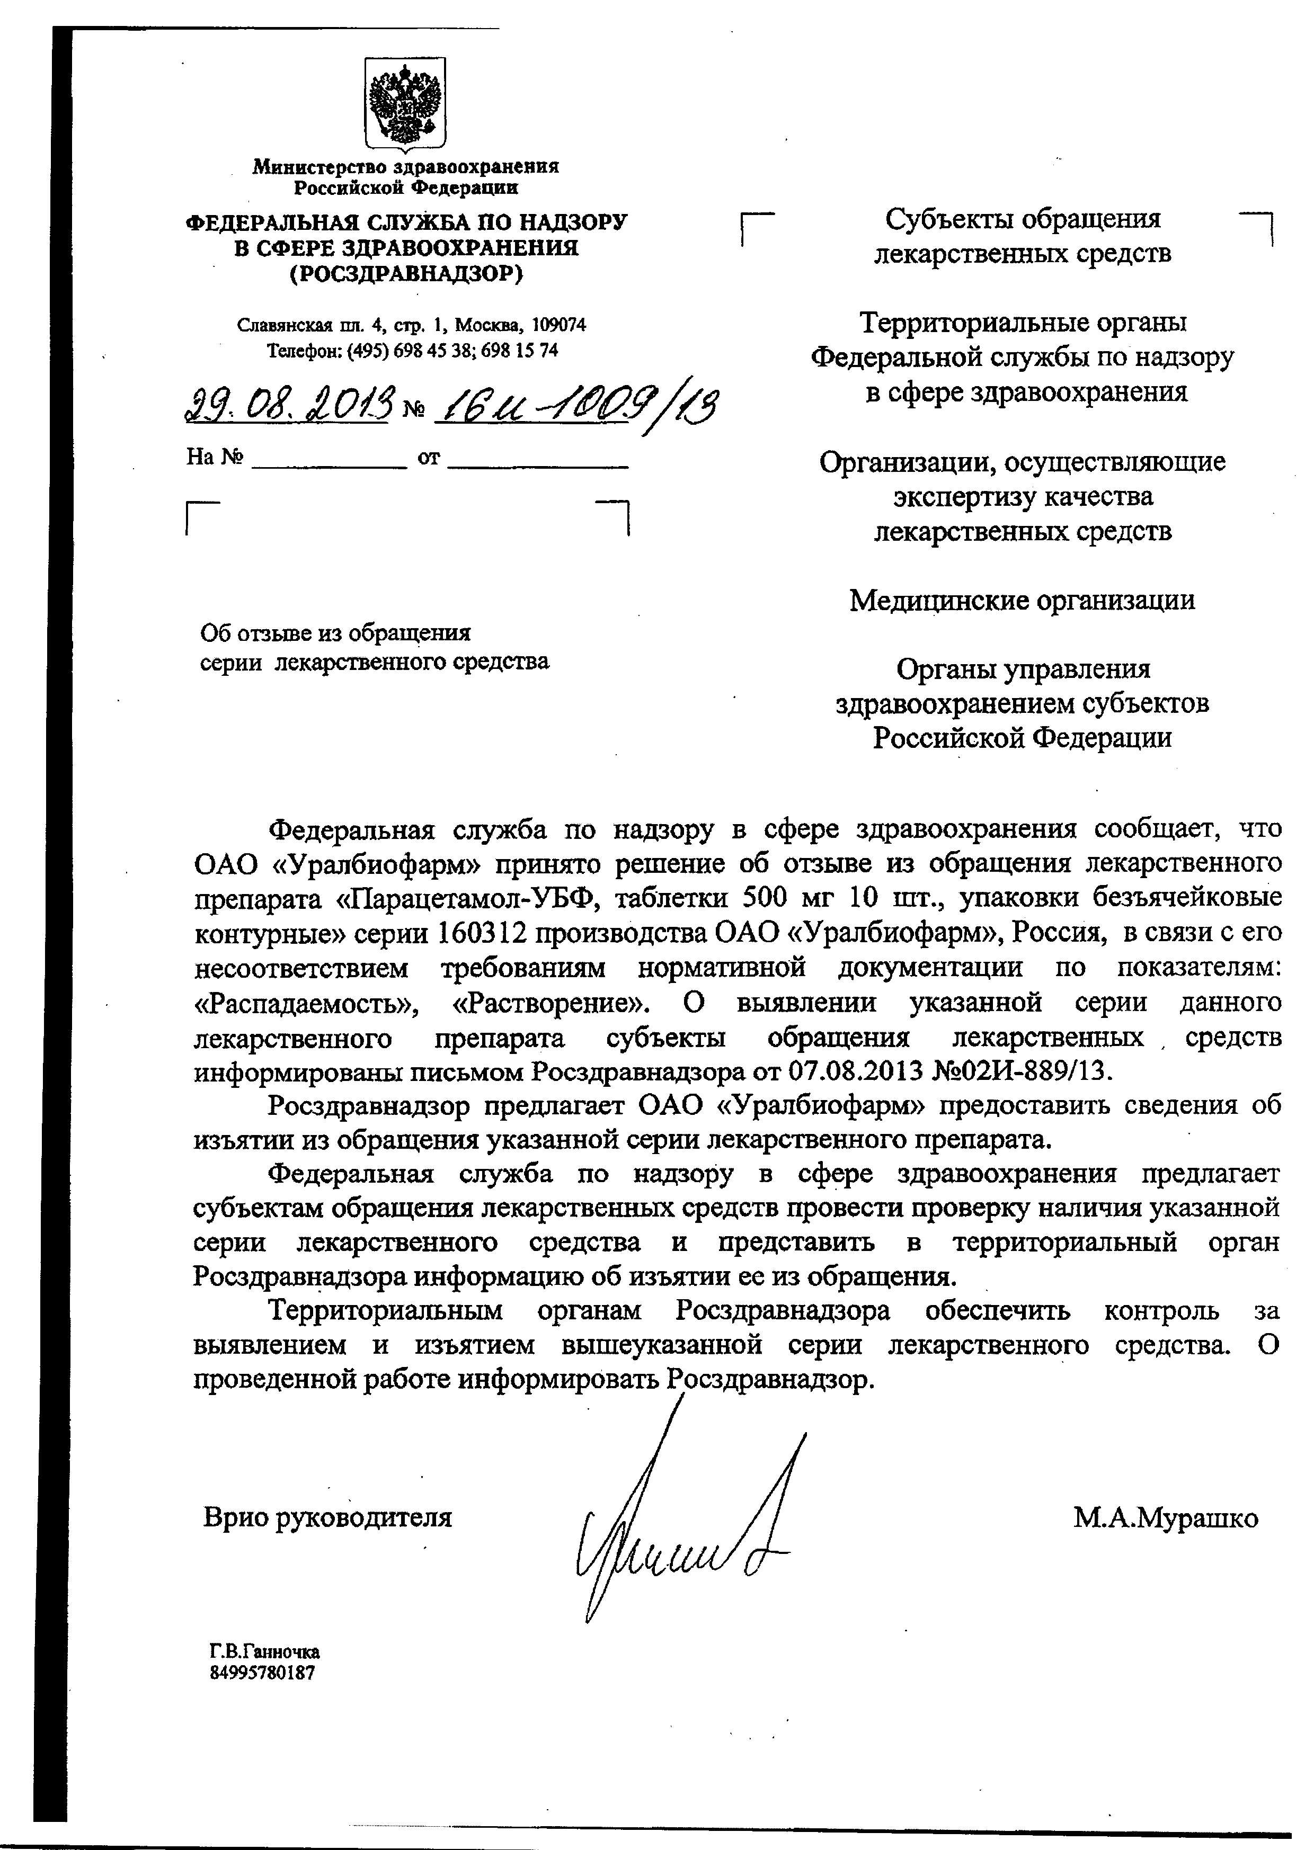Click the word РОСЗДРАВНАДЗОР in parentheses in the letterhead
(x=405, y=274)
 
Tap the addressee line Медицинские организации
(x=1022, y=600)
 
